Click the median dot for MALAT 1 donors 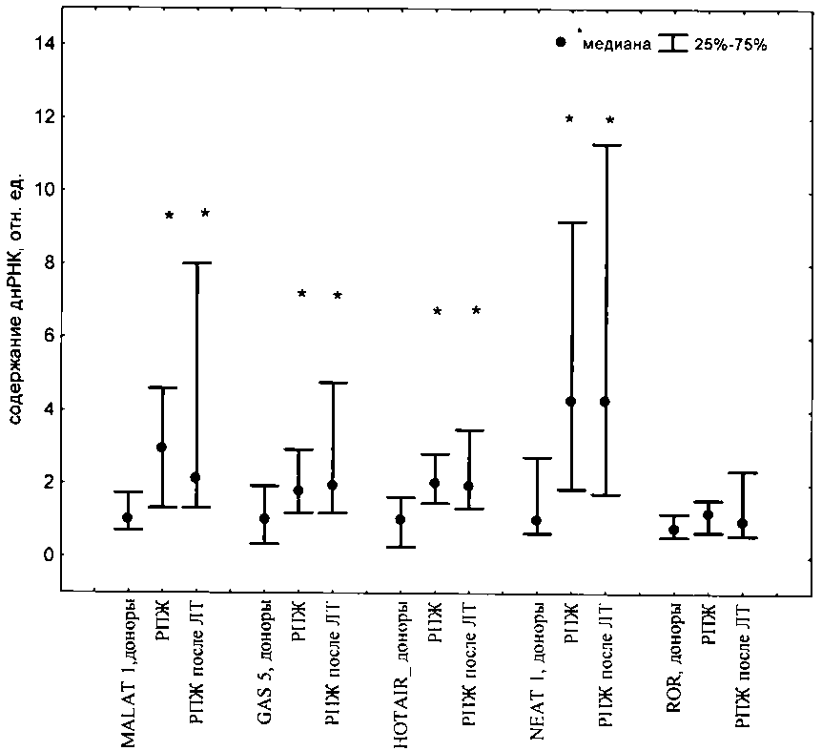(127, 517)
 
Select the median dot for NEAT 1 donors (537, 521)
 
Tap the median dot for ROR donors (673, 530)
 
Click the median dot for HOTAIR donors (401, 520)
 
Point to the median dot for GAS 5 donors (264, 519)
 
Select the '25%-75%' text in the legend (731, 44)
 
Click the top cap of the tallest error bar (606, 145)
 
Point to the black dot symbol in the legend (562, 43)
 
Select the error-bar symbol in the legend (675, 44)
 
